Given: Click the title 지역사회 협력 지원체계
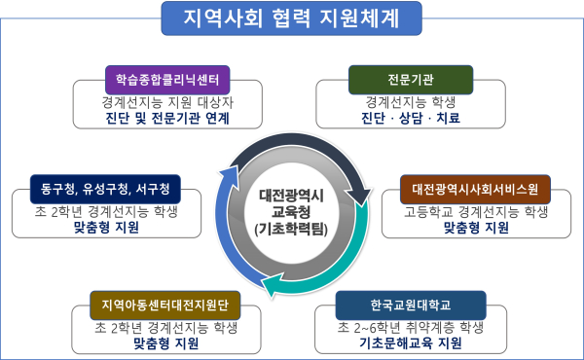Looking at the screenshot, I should click(x=291, y=17).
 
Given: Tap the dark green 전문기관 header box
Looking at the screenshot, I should click(x=410, y=77).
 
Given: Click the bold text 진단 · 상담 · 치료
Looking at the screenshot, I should click(x=410, y=119).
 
